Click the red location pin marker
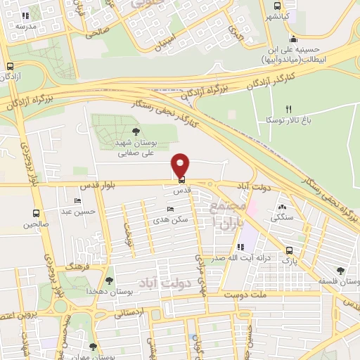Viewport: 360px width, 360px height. point(181,165)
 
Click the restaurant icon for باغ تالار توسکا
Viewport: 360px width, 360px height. point(288,109)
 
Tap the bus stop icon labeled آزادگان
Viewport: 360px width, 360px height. point(10,66)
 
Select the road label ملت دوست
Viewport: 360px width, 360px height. point(248,297)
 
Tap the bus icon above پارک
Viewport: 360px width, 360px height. point(289,250)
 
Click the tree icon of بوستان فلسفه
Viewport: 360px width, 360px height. point(340,271)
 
